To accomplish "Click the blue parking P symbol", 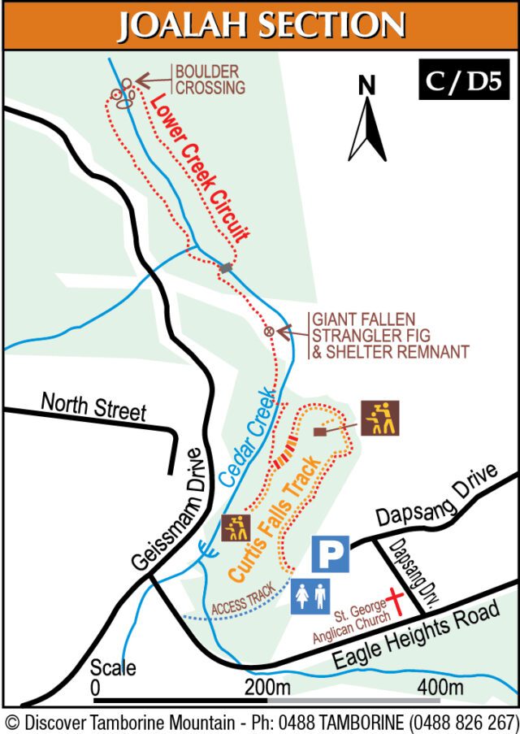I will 331,554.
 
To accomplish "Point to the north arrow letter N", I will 367,85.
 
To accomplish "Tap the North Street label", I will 93,407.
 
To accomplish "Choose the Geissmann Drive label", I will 167,510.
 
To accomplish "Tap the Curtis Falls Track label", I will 275,519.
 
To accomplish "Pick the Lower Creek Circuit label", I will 198,167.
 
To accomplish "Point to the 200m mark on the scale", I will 268,688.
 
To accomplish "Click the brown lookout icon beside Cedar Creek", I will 236,528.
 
